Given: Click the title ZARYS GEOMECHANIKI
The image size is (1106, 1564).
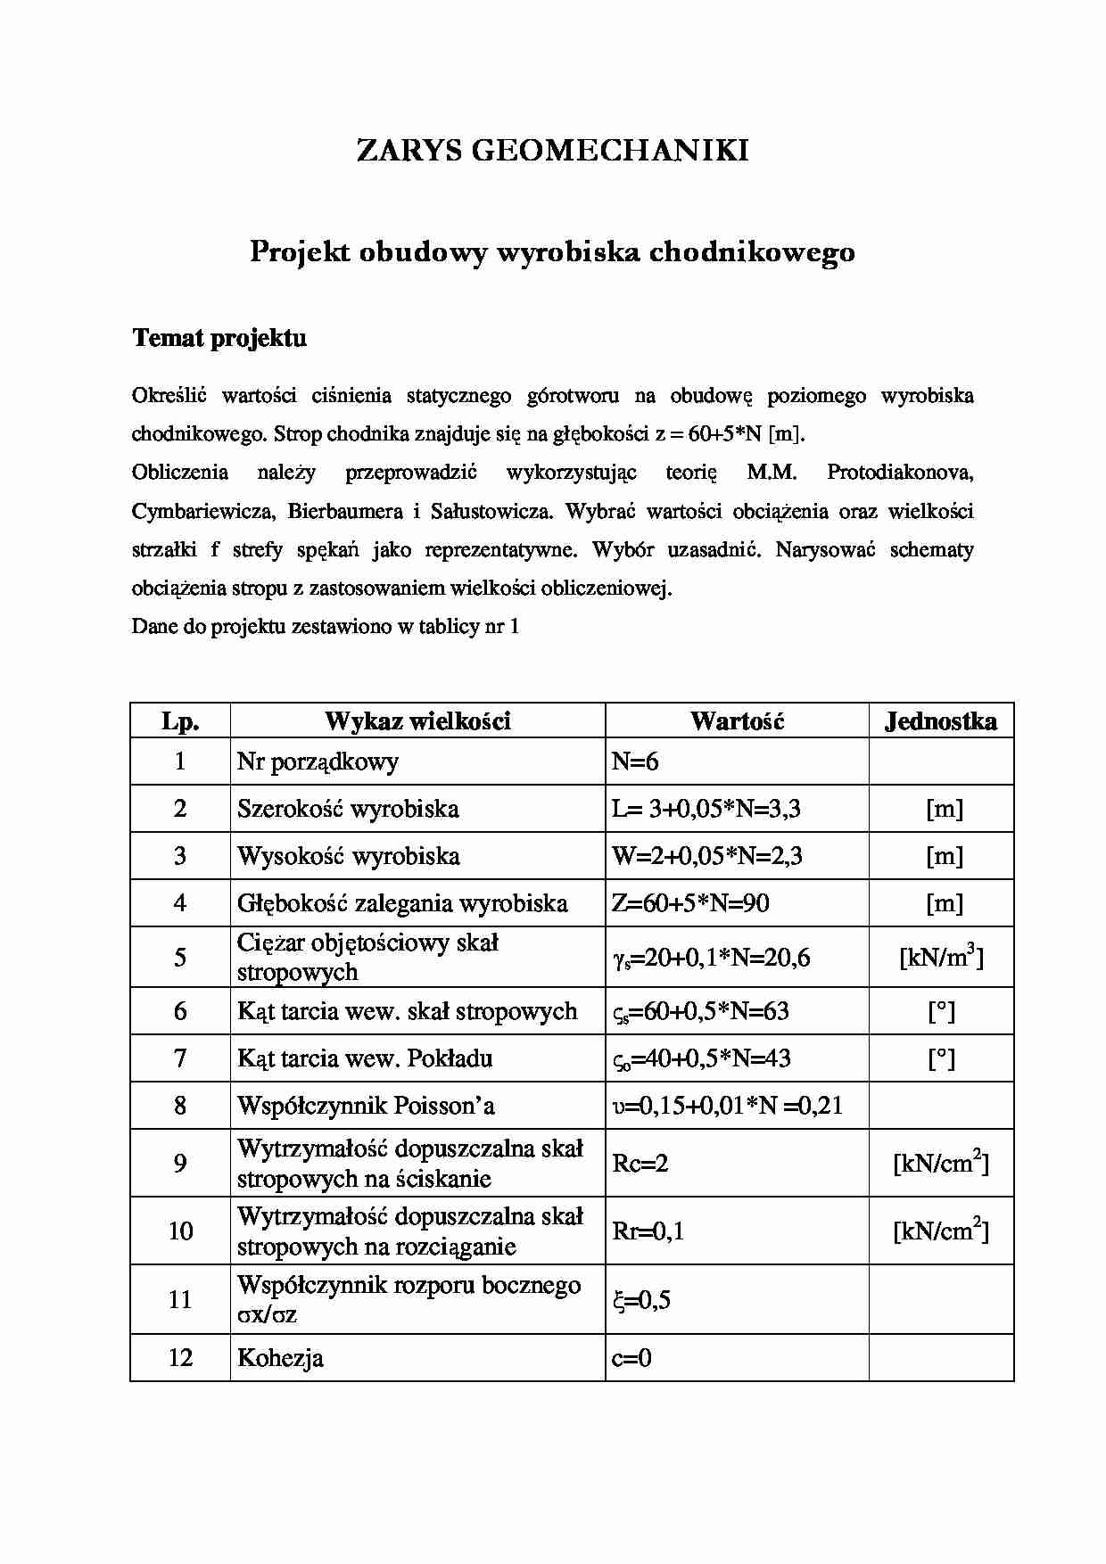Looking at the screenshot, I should point(552,150).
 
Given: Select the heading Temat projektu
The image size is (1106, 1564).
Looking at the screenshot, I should point(219,338).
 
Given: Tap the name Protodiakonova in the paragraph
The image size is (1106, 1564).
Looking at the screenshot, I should point(899,472).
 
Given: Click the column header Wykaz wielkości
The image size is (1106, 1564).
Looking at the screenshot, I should point(417,720).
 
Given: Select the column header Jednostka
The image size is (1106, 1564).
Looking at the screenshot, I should point(940,720).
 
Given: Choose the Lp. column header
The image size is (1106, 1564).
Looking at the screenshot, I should point(180,720).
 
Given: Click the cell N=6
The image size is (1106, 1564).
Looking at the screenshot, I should point(635,761).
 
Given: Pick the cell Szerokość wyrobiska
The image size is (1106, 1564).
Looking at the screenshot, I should point(348,809).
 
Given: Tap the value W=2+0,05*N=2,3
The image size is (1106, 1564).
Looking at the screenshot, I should point(706,856).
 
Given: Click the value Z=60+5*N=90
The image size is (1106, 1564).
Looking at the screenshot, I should point(690,903).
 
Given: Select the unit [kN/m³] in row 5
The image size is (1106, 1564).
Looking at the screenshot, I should point(940,957).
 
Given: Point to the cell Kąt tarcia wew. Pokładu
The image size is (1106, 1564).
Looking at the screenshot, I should point(364,1058).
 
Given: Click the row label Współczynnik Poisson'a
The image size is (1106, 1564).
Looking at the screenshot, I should point(366,1106).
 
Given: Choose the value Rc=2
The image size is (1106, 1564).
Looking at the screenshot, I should point(640,1163).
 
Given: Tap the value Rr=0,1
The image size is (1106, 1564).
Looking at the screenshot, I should point(648,1231).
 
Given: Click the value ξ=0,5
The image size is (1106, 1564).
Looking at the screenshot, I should point(641,1300).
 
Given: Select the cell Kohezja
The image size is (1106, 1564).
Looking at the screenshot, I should point(280,1358).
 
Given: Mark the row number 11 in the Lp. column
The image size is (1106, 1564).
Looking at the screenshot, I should point(180,1299).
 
